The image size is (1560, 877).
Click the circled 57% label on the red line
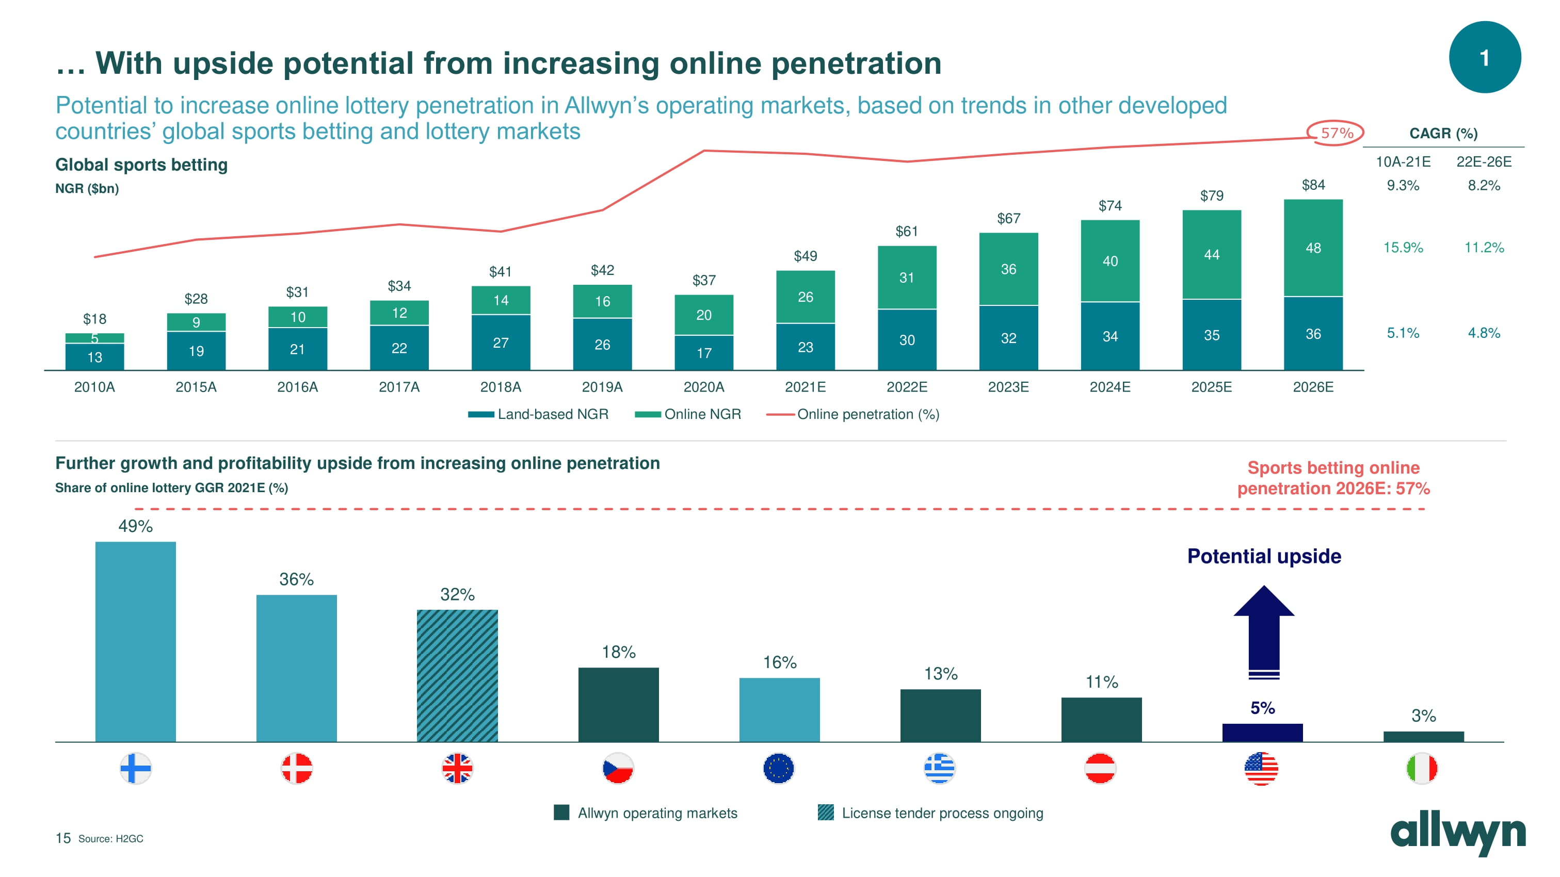(1336, 133)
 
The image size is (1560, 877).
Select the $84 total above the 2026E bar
(1313, 185)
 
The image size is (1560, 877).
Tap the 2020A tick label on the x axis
(704, 387)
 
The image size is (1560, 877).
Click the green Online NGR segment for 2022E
(907, 278)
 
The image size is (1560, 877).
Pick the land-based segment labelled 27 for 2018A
(501, 343)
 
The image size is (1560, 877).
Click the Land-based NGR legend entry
(538, 415)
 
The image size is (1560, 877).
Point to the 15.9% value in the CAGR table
(1403, 248)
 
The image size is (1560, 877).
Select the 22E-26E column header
(1484, 162)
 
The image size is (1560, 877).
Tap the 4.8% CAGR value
(1484, 333)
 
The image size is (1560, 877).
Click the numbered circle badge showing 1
(1484, 57)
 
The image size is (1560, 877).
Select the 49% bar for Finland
(136, 642)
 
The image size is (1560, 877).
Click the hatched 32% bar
(457, 675)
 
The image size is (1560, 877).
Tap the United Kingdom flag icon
(457, 769)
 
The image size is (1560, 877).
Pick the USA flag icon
(1261, 769)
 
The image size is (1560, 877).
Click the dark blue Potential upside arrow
(1264, 632)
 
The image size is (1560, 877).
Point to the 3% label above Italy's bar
(1423, 716)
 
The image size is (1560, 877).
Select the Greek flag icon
(939, 769)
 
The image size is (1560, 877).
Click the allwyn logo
(1458, 834)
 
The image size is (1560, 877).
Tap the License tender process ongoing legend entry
(930, 814)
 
